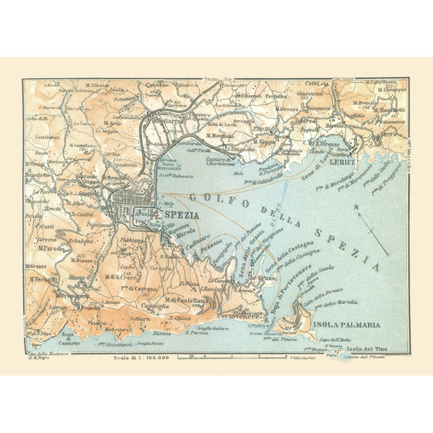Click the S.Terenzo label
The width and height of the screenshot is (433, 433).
(325, 144)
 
